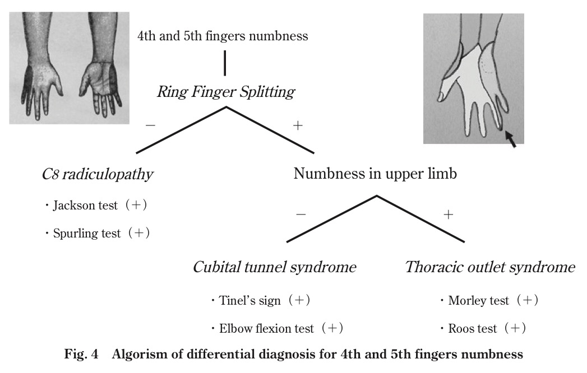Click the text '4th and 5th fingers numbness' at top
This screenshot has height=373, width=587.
[223, 36]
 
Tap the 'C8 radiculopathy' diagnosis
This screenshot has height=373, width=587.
[97, 174]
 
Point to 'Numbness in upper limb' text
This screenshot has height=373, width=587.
[375, 174]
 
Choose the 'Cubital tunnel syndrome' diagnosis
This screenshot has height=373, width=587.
[274, 267]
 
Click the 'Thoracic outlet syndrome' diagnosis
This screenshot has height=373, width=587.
[489, 267]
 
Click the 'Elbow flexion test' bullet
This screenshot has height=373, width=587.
[276, 328]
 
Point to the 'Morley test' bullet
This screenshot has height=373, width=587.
[488, 301]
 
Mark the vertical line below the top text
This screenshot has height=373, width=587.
[225, 63]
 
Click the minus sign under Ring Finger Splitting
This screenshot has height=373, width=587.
[150, 125]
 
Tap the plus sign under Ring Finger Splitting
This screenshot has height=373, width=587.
[298, 125]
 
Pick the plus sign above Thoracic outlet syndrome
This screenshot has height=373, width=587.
[448, 215]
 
